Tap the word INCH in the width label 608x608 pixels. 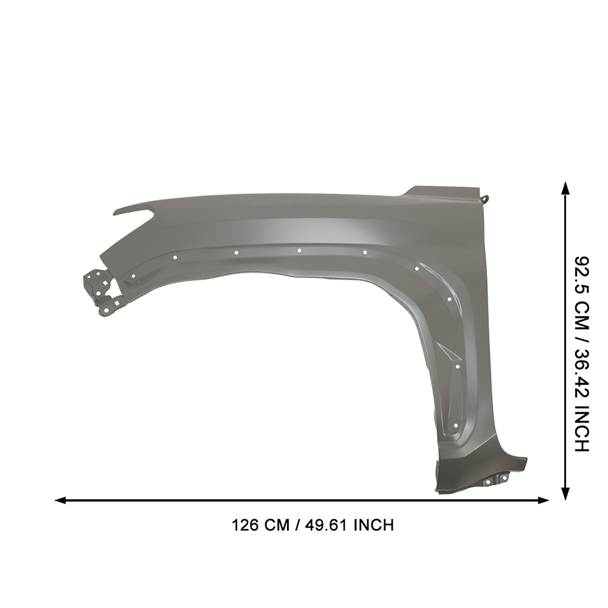(374, 525)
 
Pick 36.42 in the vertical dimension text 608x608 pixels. (582, 368)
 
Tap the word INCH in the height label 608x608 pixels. (582, 425)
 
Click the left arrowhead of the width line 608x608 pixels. (60, 500)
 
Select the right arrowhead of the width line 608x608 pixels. (544, 500)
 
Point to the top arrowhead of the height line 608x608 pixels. (566, 189)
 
